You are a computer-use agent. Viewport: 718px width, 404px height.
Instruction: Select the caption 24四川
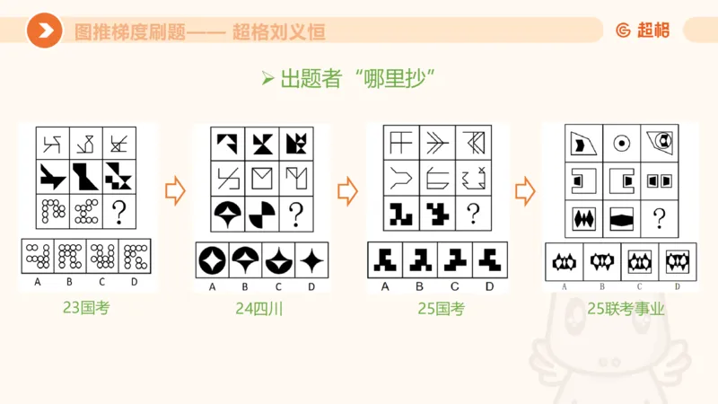point(258,309)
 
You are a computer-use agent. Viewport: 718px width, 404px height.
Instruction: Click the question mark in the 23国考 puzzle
point(119,211)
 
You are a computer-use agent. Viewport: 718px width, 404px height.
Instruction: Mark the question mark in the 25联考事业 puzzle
point(660,217)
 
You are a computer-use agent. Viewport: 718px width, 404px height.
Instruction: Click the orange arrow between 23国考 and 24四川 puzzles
point(175,190)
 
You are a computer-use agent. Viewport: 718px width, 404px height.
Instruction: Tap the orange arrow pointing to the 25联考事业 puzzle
point(525,190)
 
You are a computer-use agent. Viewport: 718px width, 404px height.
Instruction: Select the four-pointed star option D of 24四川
point(311,260)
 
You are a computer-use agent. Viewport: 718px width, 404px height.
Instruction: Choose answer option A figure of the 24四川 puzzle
point(213,260)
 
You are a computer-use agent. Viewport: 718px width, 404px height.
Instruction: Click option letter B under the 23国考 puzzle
point(70,282)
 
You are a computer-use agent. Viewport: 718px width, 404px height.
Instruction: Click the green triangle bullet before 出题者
point(267,78)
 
